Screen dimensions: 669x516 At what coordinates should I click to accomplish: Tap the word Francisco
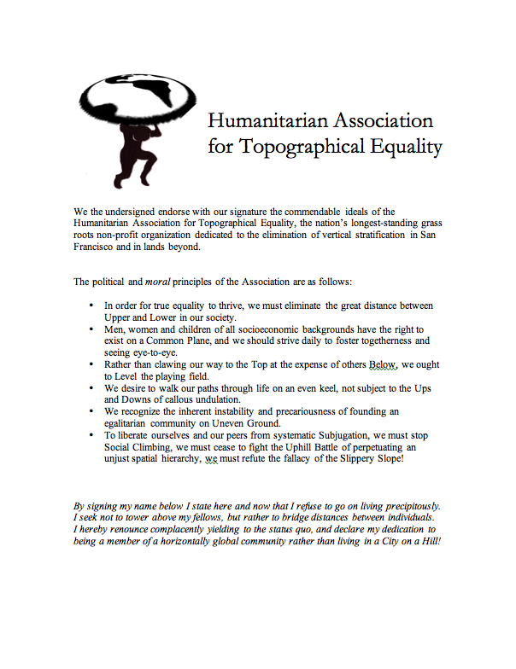pyautogui.click(x=101, y=247)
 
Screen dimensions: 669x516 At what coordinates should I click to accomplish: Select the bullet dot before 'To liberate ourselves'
pyautogui.click(x=91, y=435)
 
